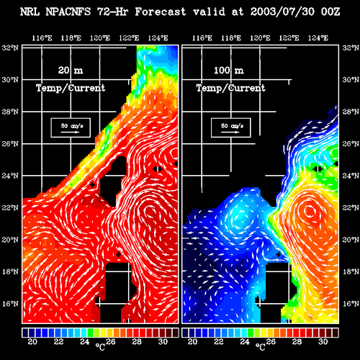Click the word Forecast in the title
161,12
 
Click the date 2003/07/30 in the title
282,12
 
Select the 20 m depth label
71,71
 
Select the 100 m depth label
229,71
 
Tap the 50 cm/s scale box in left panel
71,127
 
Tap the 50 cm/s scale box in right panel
231,127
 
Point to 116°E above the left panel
42,38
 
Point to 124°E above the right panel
318,38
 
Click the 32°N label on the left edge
10,48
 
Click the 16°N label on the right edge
351,304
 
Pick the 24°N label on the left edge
10,176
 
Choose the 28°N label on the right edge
351,112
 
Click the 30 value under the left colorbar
163,341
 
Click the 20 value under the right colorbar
192,341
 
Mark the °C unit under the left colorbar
100,346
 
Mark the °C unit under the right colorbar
261,346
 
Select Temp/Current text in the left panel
71,88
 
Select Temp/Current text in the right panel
231,88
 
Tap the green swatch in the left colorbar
91,333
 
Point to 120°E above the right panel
260,38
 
